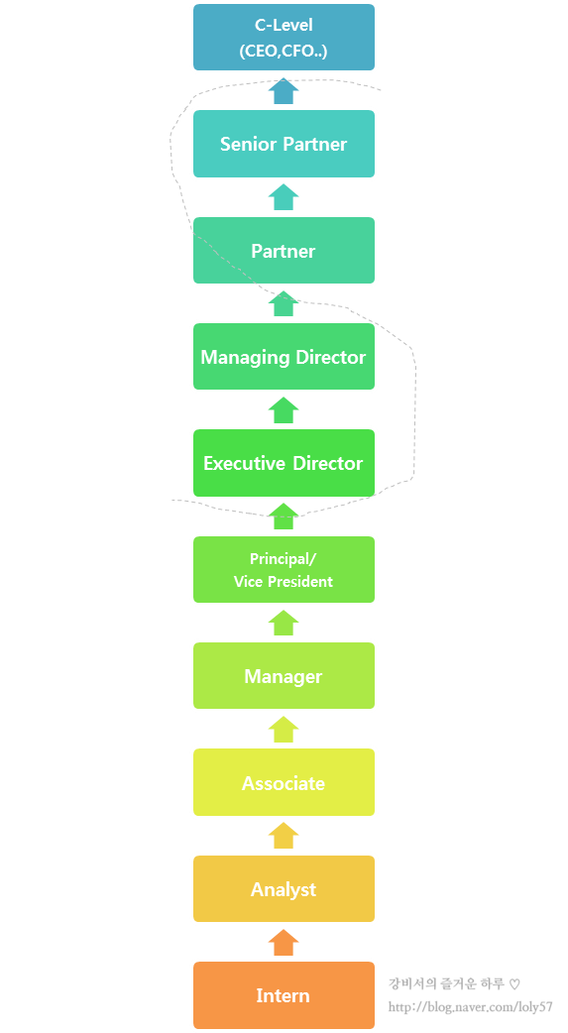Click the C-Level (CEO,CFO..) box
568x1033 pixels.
(x=284, y=37)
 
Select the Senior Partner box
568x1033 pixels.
(x=284, y=144)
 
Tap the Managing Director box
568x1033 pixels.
(x=284, y=357)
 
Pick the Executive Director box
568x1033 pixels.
(x=284, y=463)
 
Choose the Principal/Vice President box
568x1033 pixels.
(x=284, y=570)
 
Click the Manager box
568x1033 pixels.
(x=284, y=676)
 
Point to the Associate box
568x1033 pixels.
(x=284, y=782)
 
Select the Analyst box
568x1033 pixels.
(x=284, y=889)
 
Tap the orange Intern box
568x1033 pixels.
(x=284, y=995)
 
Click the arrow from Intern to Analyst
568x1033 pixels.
(x=284, y=943)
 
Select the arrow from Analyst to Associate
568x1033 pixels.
(x=284, y=836)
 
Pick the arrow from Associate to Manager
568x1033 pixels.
(x=284, y=730)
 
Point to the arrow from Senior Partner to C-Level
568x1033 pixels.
(x=284, y=91)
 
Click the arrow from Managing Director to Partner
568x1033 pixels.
(x=284, y=303)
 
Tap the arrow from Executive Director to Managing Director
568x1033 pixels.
(x=284, y=410)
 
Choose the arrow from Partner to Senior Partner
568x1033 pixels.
(x=284, y=197)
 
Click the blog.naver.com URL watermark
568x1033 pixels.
(x=471, y=1007)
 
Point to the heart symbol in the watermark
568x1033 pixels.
(x=514, y=984)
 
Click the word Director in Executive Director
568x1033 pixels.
(x=327, y=463)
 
